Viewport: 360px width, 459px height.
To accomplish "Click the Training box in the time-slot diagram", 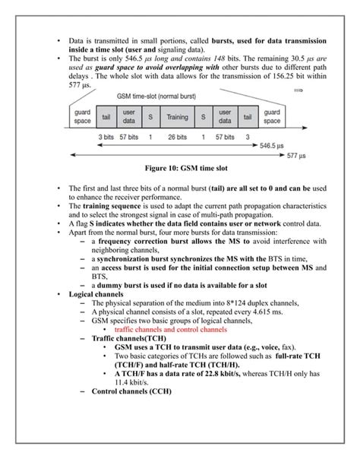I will pyautogui.click(x=177, y=118).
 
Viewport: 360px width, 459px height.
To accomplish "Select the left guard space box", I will pyautogui.click(x=82, y=118).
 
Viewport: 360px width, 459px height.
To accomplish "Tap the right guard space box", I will pyautogui.click(x=271, y=118).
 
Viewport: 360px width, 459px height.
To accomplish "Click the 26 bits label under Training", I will pyautogui.click(x=176, y=137).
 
